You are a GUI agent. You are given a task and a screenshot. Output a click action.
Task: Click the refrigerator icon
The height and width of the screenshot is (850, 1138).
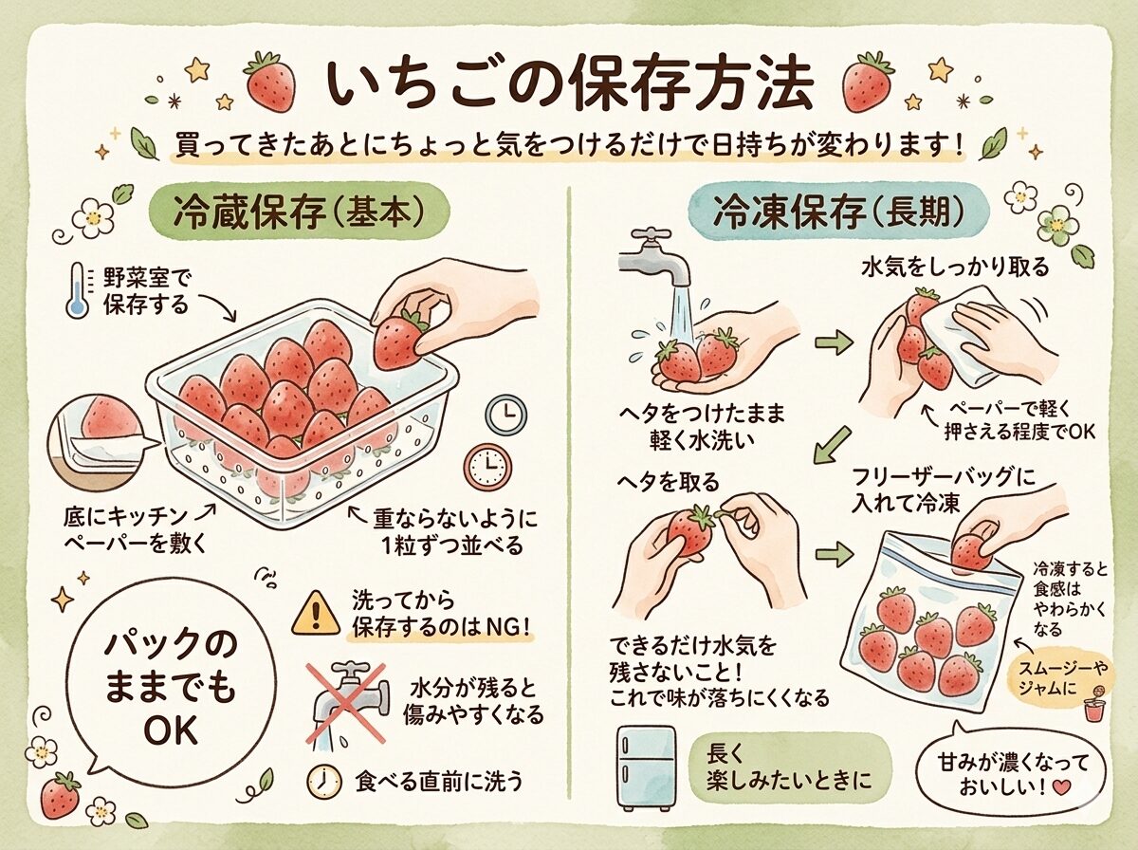coord(647,767)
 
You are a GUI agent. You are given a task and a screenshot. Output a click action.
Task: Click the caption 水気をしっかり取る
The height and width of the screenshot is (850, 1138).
coord(954,268)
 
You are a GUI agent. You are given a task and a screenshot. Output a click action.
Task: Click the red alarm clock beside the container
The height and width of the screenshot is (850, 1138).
coord(487,466)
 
